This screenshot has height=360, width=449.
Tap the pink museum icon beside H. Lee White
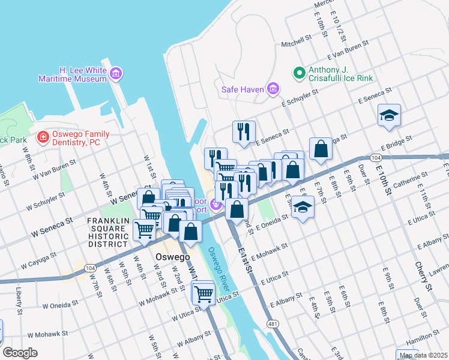[x=116, y=74]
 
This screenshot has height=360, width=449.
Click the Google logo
[x=20, y=353]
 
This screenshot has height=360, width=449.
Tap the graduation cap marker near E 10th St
[x=389, y=115]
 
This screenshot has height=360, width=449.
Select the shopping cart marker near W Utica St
[x=203, y=293]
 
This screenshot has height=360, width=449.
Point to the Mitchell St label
[x=297, y=43]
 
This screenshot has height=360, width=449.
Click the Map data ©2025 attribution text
[x=423, y=355]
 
